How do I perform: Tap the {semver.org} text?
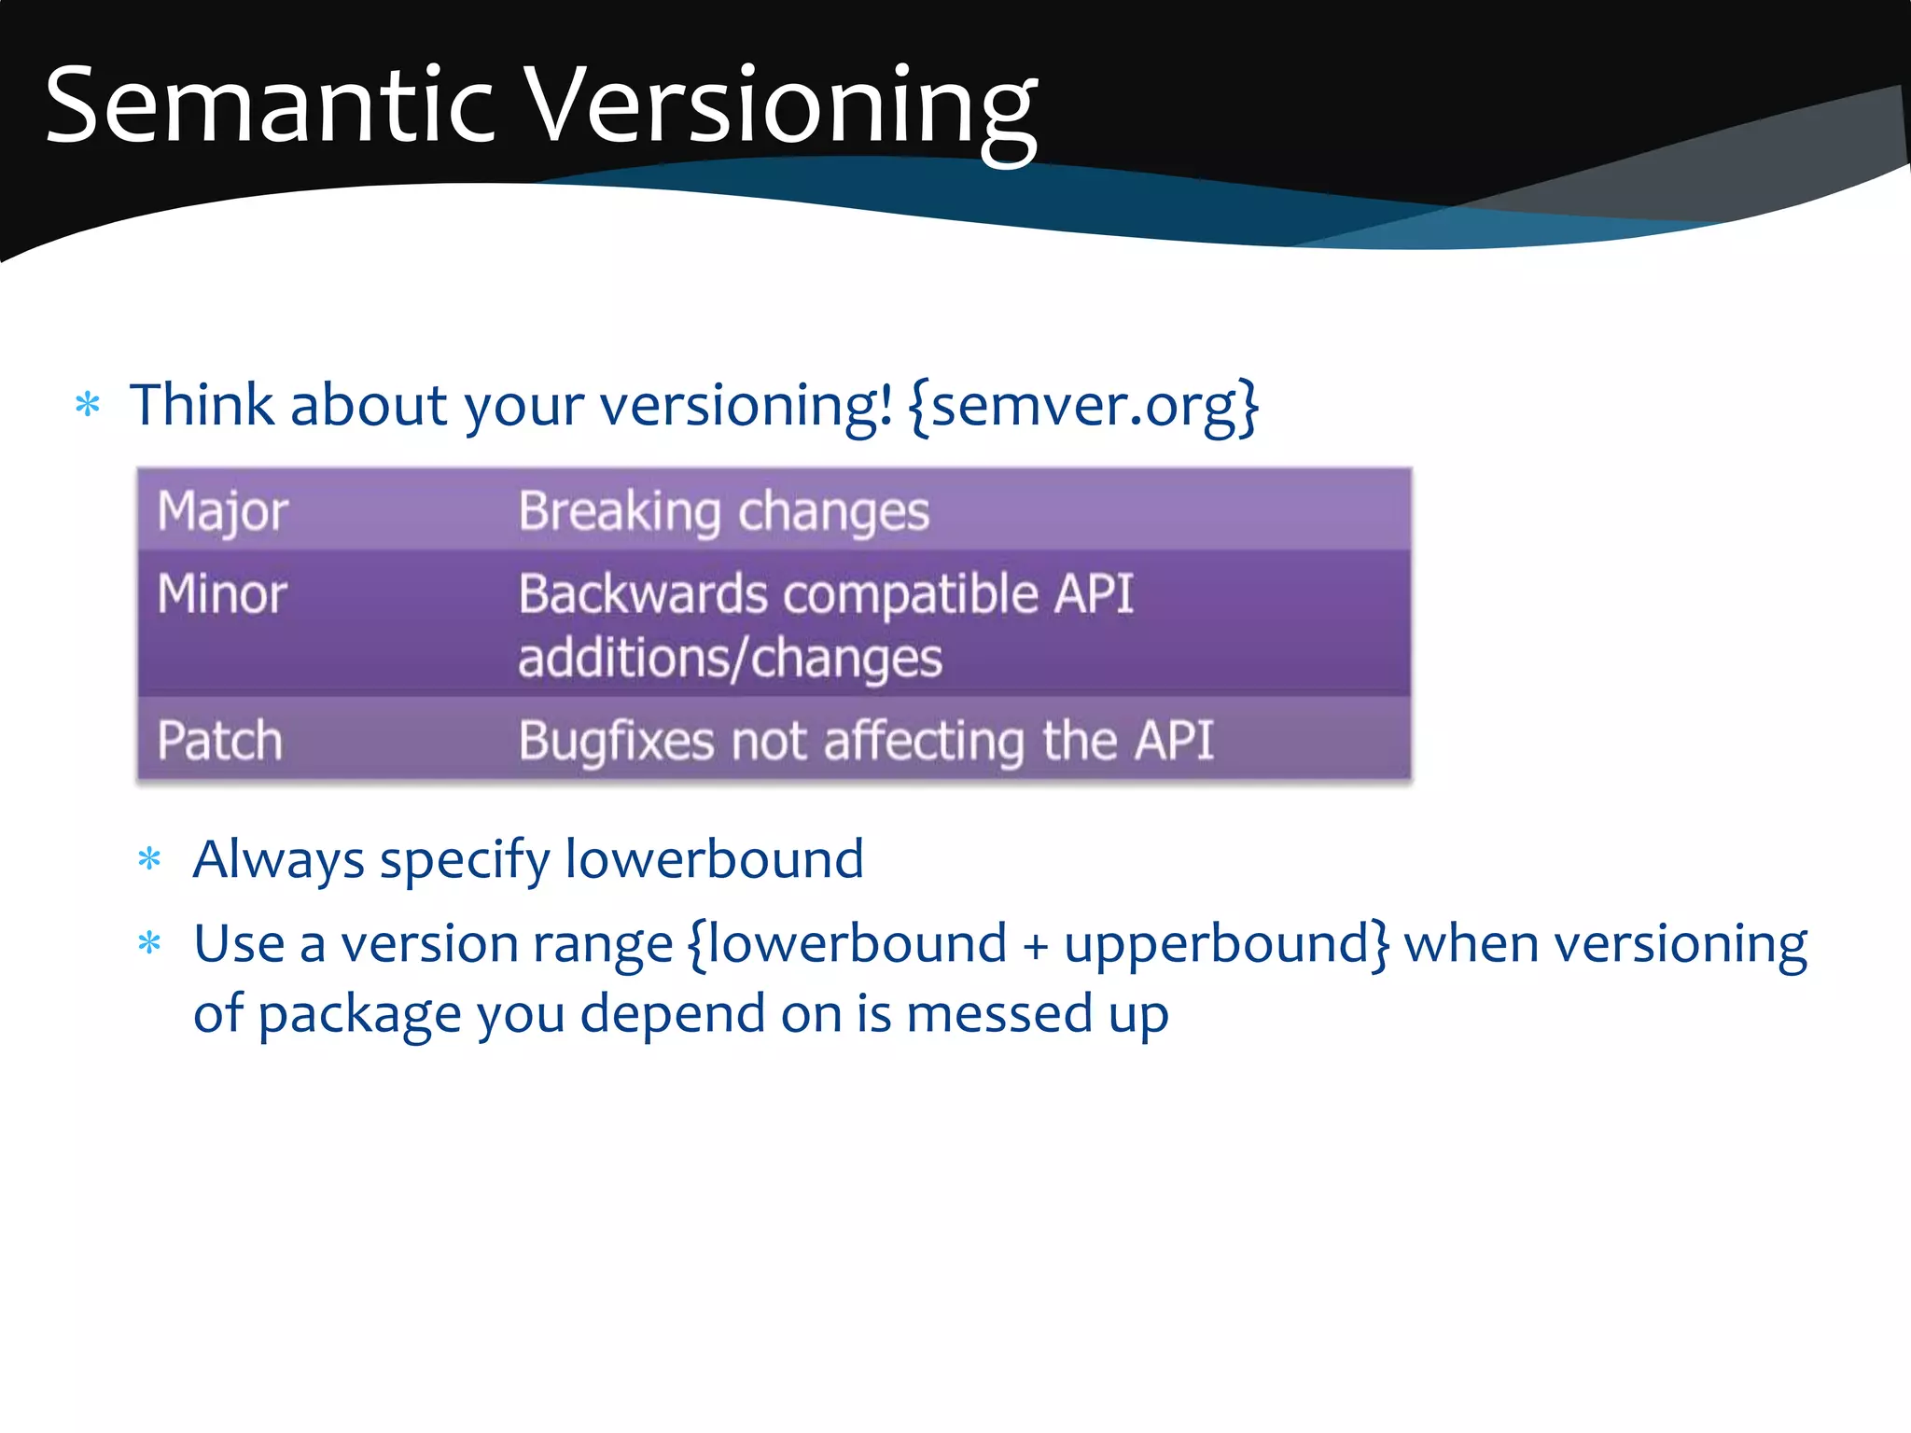point(1083,406)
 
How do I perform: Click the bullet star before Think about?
point(88,405)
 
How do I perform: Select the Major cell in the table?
point(222,511)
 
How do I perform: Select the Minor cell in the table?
point(222,594)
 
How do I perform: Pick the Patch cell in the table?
point(219,741)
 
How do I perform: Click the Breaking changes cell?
point(723,511)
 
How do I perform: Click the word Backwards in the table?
point(642,594)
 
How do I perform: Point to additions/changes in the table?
point(730,659)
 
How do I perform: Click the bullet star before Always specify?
point(149,858)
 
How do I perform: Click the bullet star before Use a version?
point(149,943)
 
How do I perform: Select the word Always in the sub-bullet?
point(277,859)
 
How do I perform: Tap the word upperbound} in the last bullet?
point(1226,944)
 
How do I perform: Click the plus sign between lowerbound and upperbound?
point(1035,946)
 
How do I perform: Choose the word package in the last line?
point(359,1015)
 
